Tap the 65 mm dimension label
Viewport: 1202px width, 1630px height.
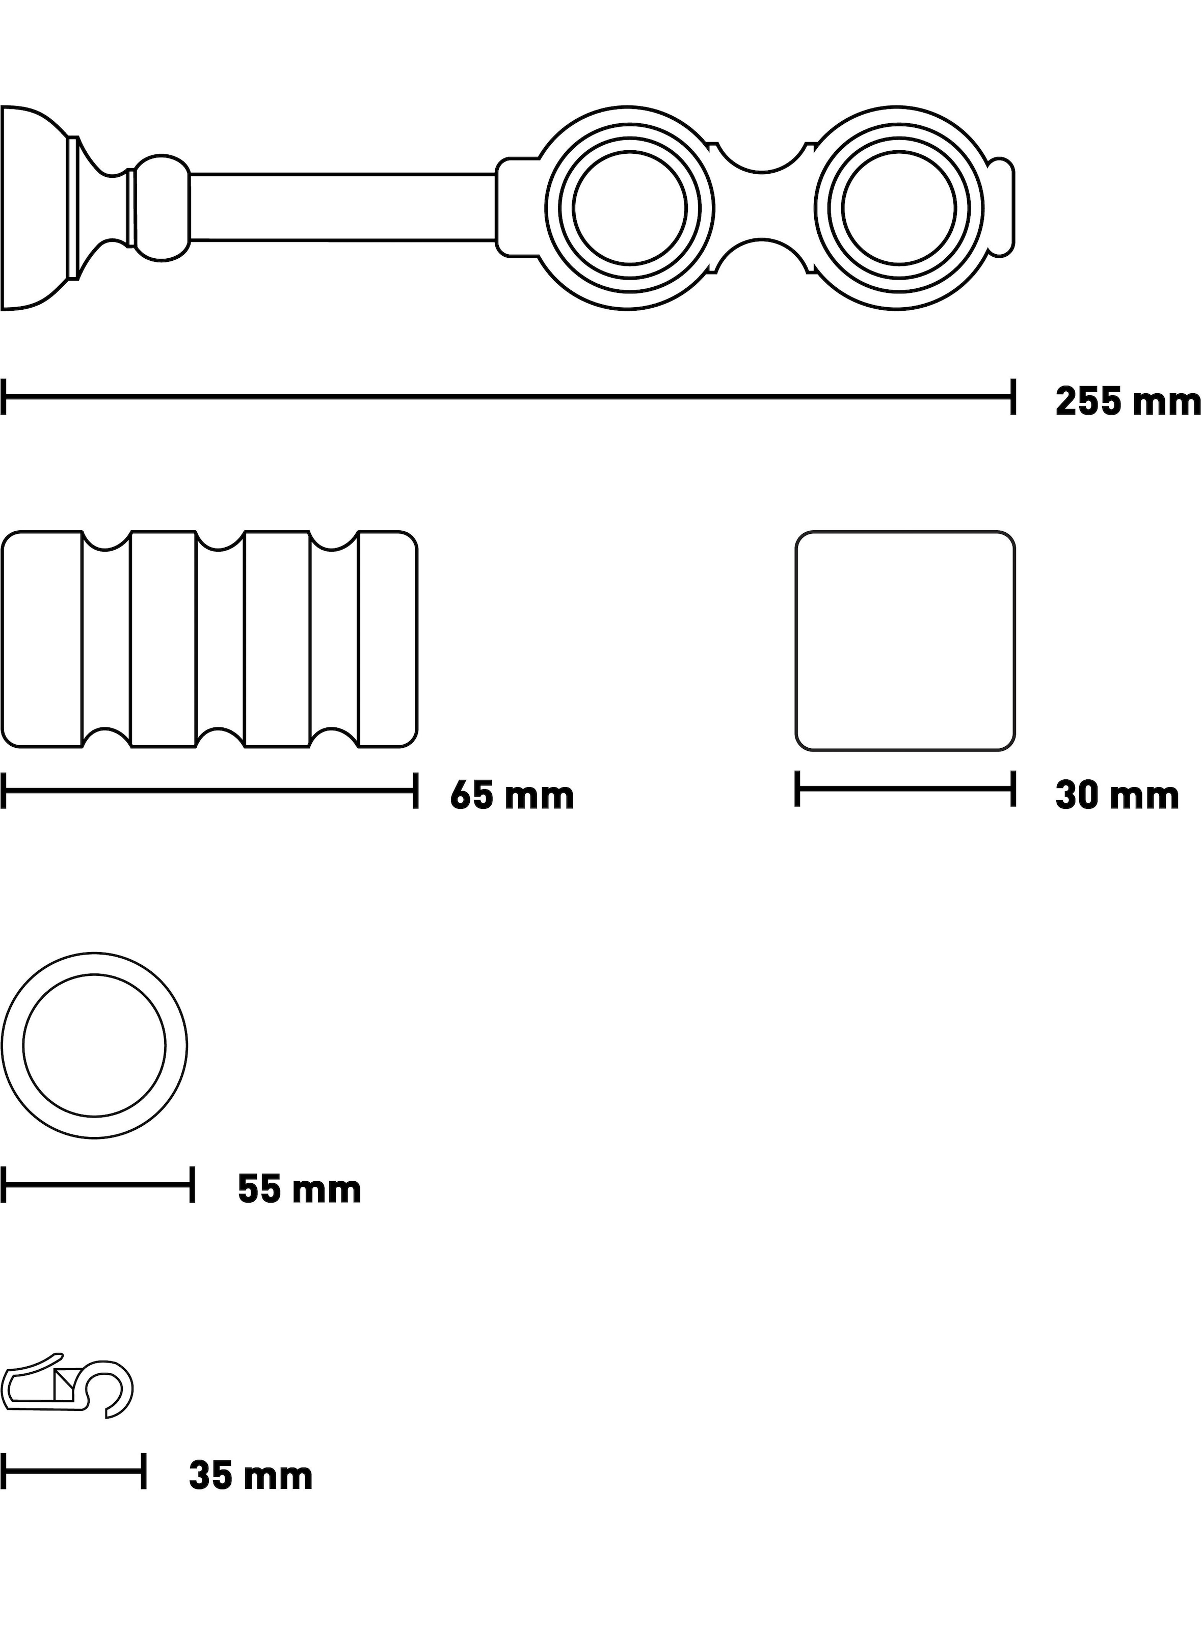click(x=512, y=796)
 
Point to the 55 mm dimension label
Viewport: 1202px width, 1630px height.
click(x=300, y=1190)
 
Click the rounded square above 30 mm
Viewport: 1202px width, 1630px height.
click(x=905, y=641)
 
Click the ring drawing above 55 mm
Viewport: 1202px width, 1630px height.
click(x=95, y=1045)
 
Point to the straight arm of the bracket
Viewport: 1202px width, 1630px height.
click(x=343, y=207)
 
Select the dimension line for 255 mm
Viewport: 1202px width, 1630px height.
click(x=508, y=396)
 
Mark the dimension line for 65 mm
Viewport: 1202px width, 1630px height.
click(x=209, y=791)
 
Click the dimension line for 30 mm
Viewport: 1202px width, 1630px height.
click(x=905, y=789)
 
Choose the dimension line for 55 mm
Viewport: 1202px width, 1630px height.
click(x=97, y=1185)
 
